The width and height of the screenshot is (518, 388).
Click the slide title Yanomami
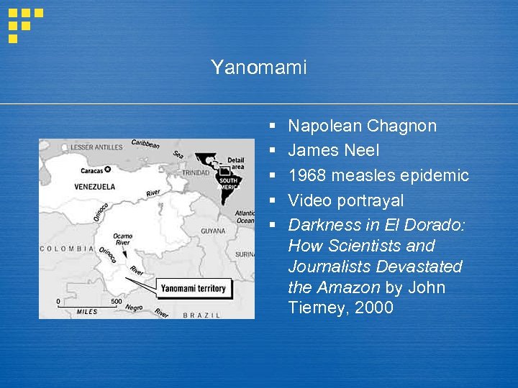pyautogui.click(x=258, y=68)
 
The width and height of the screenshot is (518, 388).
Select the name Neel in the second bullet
pyautogui.click(x=361, y=151)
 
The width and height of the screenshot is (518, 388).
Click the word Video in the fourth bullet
pyautogui.click(x=308, y=200)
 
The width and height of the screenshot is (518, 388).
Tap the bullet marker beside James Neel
pyautogui.click(x=273, y=151)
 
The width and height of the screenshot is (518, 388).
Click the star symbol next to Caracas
pyautogui.click(x=108, y=170)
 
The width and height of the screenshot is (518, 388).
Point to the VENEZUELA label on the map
pyautogui.click(x=94, y=187)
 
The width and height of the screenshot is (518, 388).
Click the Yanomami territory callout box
pyautogui.click(x=192, y=288)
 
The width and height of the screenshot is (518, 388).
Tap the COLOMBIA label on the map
pyautogui.click(x=67, y=249)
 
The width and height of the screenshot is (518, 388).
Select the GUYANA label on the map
pyautogui.click(x=213, y=231)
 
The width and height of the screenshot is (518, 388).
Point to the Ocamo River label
pyautogui.click(x=122, y=239)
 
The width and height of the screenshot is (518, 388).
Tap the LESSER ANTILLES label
pyautogui.click(x=96, y=147)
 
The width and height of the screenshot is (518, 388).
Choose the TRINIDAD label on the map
pyautogui.click(x=195, y=173)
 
